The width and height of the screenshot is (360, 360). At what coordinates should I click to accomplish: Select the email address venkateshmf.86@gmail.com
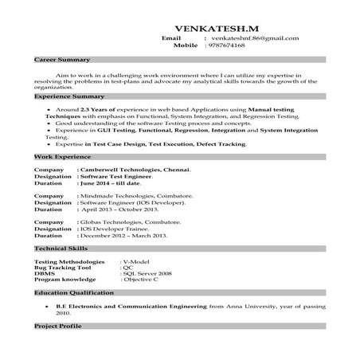(254, 38)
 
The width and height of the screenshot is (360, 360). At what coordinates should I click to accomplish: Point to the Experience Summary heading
(66, 96)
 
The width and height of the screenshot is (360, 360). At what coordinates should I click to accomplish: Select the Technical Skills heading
(59, 249)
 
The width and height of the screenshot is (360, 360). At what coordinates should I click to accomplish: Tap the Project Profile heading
(57, 327)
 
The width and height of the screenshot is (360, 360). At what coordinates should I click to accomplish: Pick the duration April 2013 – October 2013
(119, 209)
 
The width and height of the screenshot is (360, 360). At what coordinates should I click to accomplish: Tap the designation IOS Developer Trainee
(119, 229)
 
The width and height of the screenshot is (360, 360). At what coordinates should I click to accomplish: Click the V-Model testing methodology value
(136, 261)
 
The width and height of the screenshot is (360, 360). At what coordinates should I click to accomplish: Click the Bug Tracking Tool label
(63, 268)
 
